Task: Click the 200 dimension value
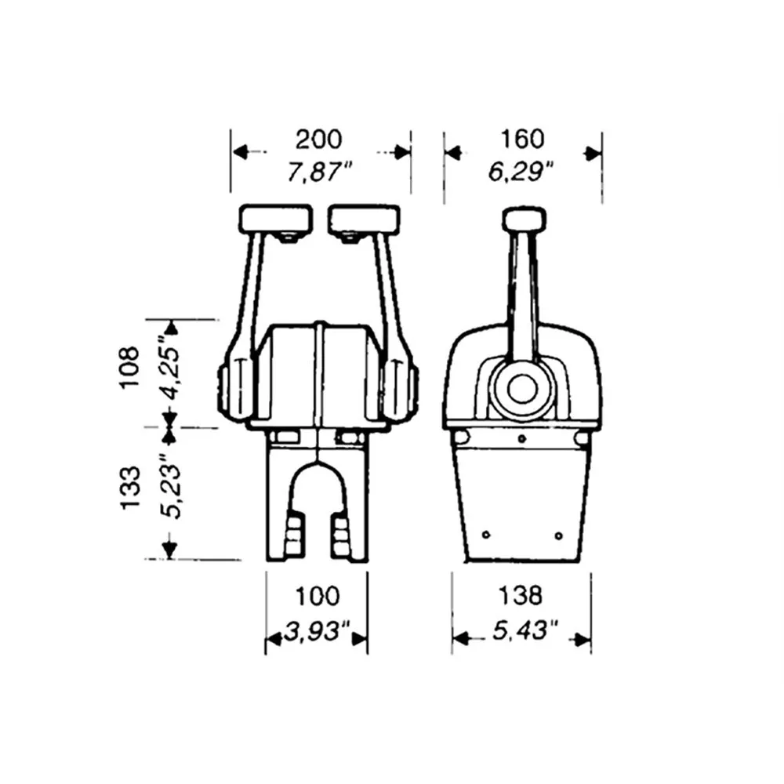coord(318,140)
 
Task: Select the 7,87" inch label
coord(319,172)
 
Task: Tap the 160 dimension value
coord(522,139)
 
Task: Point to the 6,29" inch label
coord(521,172)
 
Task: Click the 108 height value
coord(129,367)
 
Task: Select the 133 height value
coord(130,488)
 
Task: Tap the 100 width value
coord(318,597)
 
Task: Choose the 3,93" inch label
coord(317,631)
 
